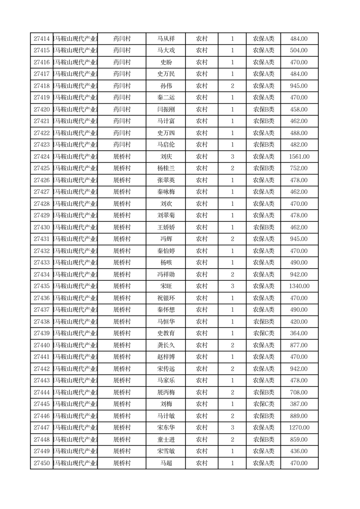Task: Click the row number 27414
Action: [42, 39]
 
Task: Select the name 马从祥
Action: [165, 39]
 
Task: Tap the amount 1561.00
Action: [299, 157]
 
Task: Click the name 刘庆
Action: [165, 157]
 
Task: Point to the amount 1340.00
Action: [299, 286]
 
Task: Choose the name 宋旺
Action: [165, 286]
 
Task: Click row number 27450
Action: [42, 463]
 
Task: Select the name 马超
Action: [165, 463]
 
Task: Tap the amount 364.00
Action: [299, 333]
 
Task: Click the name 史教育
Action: [165, 333]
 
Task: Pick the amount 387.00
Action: [299, 404]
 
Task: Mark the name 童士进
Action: [165, 440]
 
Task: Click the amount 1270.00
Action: [299, 428]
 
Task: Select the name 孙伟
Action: [165, 86]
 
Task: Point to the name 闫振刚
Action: [165, 110]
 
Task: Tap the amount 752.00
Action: [299, 169]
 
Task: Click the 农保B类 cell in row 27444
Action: [263, 392]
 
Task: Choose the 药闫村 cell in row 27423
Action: [122, 145]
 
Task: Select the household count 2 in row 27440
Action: [233, 345]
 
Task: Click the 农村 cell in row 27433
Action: [202, 263]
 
